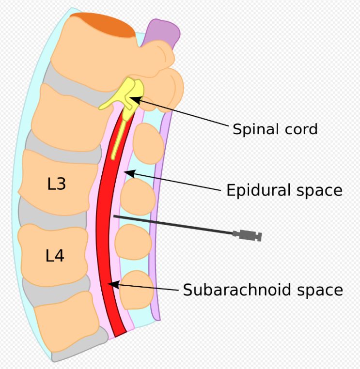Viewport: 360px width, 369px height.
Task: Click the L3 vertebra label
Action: (57, 184)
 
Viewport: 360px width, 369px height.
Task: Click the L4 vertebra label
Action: (55, 256)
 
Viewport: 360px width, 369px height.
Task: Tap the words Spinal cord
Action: (275, 129)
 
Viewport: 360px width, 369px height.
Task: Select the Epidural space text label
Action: (284, 190)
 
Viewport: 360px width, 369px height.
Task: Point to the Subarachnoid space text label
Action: (263, 290)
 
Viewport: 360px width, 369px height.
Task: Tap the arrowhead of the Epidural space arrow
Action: (125, 172)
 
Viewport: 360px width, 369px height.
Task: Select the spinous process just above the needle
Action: (137, 196)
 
